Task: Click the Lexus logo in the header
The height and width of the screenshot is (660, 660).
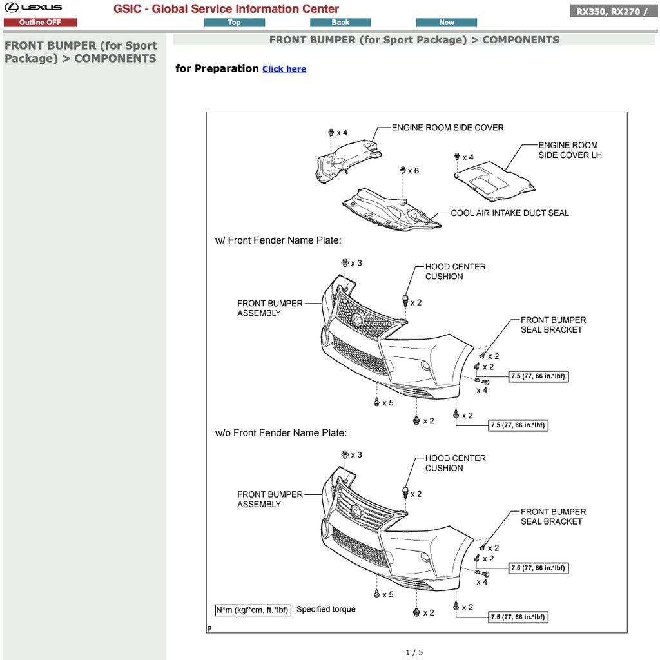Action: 34,8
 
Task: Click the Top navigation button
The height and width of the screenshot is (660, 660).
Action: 234,23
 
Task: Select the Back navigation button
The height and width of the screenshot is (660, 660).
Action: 340,23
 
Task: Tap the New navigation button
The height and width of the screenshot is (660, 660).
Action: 446,23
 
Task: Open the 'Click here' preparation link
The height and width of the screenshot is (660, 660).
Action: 284,69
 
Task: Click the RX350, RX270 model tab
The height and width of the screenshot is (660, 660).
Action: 613,12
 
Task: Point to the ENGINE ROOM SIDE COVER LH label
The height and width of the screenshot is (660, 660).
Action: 570,150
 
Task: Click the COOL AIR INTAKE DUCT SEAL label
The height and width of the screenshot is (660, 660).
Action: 509,213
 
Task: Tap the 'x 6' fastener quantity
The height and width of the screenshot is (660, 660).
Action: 412,171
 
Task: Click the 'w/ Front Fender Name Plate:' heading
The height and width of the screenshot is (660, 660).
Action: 278,240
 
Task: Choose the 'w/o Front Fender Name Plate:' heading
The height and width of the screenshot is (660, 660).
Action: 280,433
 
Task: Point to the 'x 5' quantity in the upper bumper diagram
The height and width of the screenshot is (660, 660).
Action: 387,403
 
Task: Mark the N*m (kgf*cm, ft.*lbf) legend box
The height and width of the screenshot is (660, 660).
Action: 253,610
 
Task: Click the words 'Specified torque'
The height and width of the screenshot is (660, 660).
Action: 325,609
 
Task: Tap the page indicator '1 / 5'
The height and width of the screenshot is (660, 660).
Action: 414,652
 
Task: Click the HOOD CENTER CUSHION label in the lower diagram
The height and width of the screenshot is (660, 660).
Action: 455,463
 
